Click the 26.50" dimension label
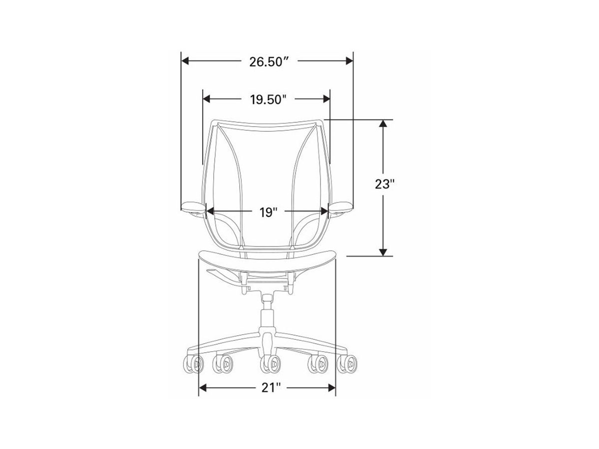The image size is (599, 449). click(269, 62)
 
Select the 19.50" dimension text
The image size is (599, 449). click(268, 99)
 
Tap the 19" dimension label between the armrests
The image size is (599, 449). click(268, 213)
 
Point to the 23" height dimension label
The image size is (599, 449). click(385, 184)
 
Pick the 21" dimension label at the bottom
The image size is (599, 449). click(271, 388)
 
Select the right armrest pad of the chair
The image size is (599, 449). click(340, 207)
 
